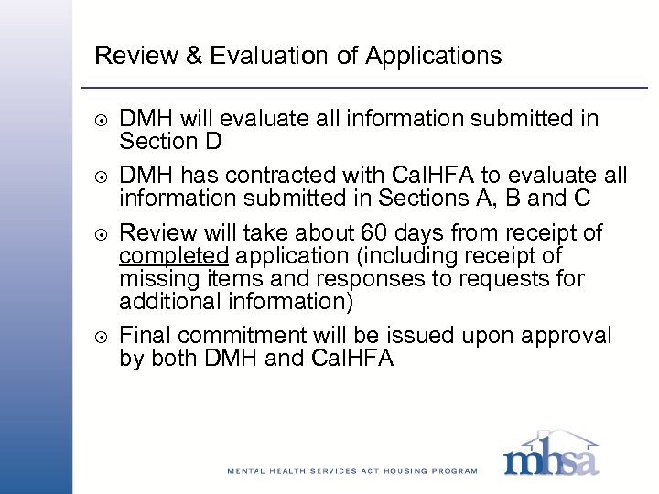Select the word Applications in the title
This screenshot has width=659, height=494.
tap(433, 56)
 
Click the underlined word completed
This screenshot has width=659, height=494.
tap(173, 256)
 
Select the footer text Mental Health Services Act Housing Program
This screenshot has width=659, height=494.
tap(352, 471)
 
